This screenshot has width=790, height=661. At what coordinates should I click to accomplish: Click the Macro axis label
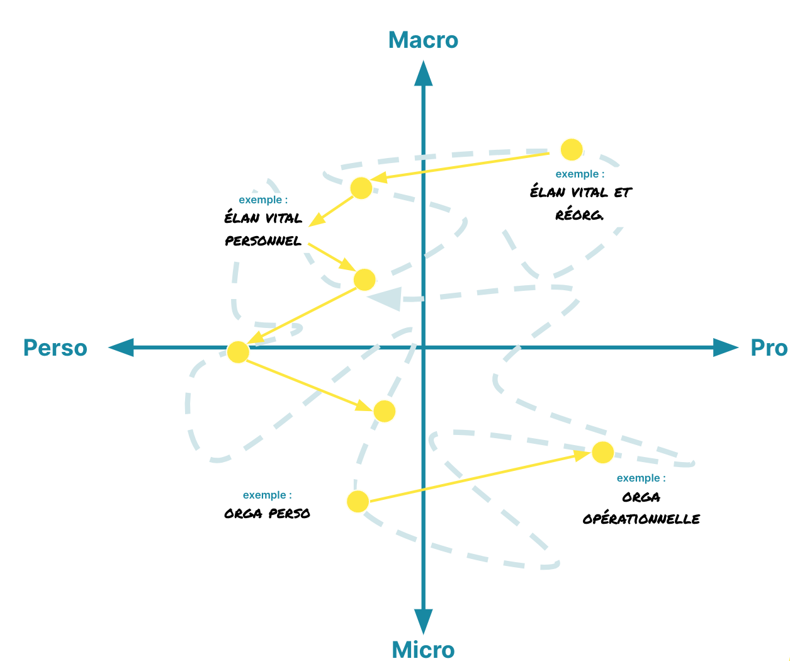(423, 40)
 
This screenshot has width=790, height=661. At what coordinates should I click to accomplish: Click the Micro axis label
(423, 650)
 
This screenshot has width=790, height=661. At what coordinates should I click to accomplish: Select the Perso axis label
(55, 347)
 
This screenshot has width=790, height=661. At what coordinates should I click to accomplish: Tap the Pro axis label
(769, 347)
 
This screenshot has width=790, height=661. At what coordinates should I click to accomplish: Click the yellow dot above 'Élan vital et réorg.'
(572, 149)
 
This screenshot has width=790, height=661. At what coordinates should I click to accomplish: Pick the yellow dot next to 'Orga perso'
(358, 501)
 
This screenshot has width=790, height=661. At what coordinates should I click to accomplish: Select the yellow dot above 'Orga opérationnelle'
(602, 452)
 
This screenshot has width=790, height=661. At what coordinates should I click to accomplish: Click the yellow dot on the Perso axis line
(237, 352)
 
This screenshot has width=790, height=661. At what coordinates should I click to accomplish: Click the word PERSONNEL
(263, 241)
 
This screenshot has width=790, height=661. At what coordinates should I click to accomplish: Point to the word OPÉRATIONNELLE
(641, 519)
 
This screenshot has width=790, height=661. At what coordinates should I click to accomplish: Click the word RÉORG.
(579, 215)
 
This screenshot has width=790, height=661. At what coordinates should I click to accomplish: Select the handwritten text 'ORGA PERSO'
(267, 514)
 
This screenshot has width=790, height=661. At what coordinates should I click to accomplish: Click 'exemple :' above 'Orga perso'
(267, 495)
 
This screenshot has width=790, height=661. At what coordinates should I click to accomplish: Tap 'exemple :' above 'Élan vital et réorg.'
(580, 174)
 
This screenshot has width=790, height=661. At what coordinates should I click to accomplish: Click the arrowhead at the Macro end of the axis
(423, 73)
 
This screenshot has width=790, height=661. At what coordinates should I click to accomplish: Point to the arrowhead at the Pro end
(726, 347)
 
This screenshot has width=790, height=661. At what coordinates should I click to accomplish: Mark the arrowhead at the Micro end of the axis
(423, 621)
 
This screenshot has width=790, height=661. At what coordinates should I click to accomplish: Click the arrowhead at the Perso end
(121, 347)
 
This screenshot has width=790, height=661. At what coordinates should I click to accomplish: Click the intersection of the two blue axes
(423, 347)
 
